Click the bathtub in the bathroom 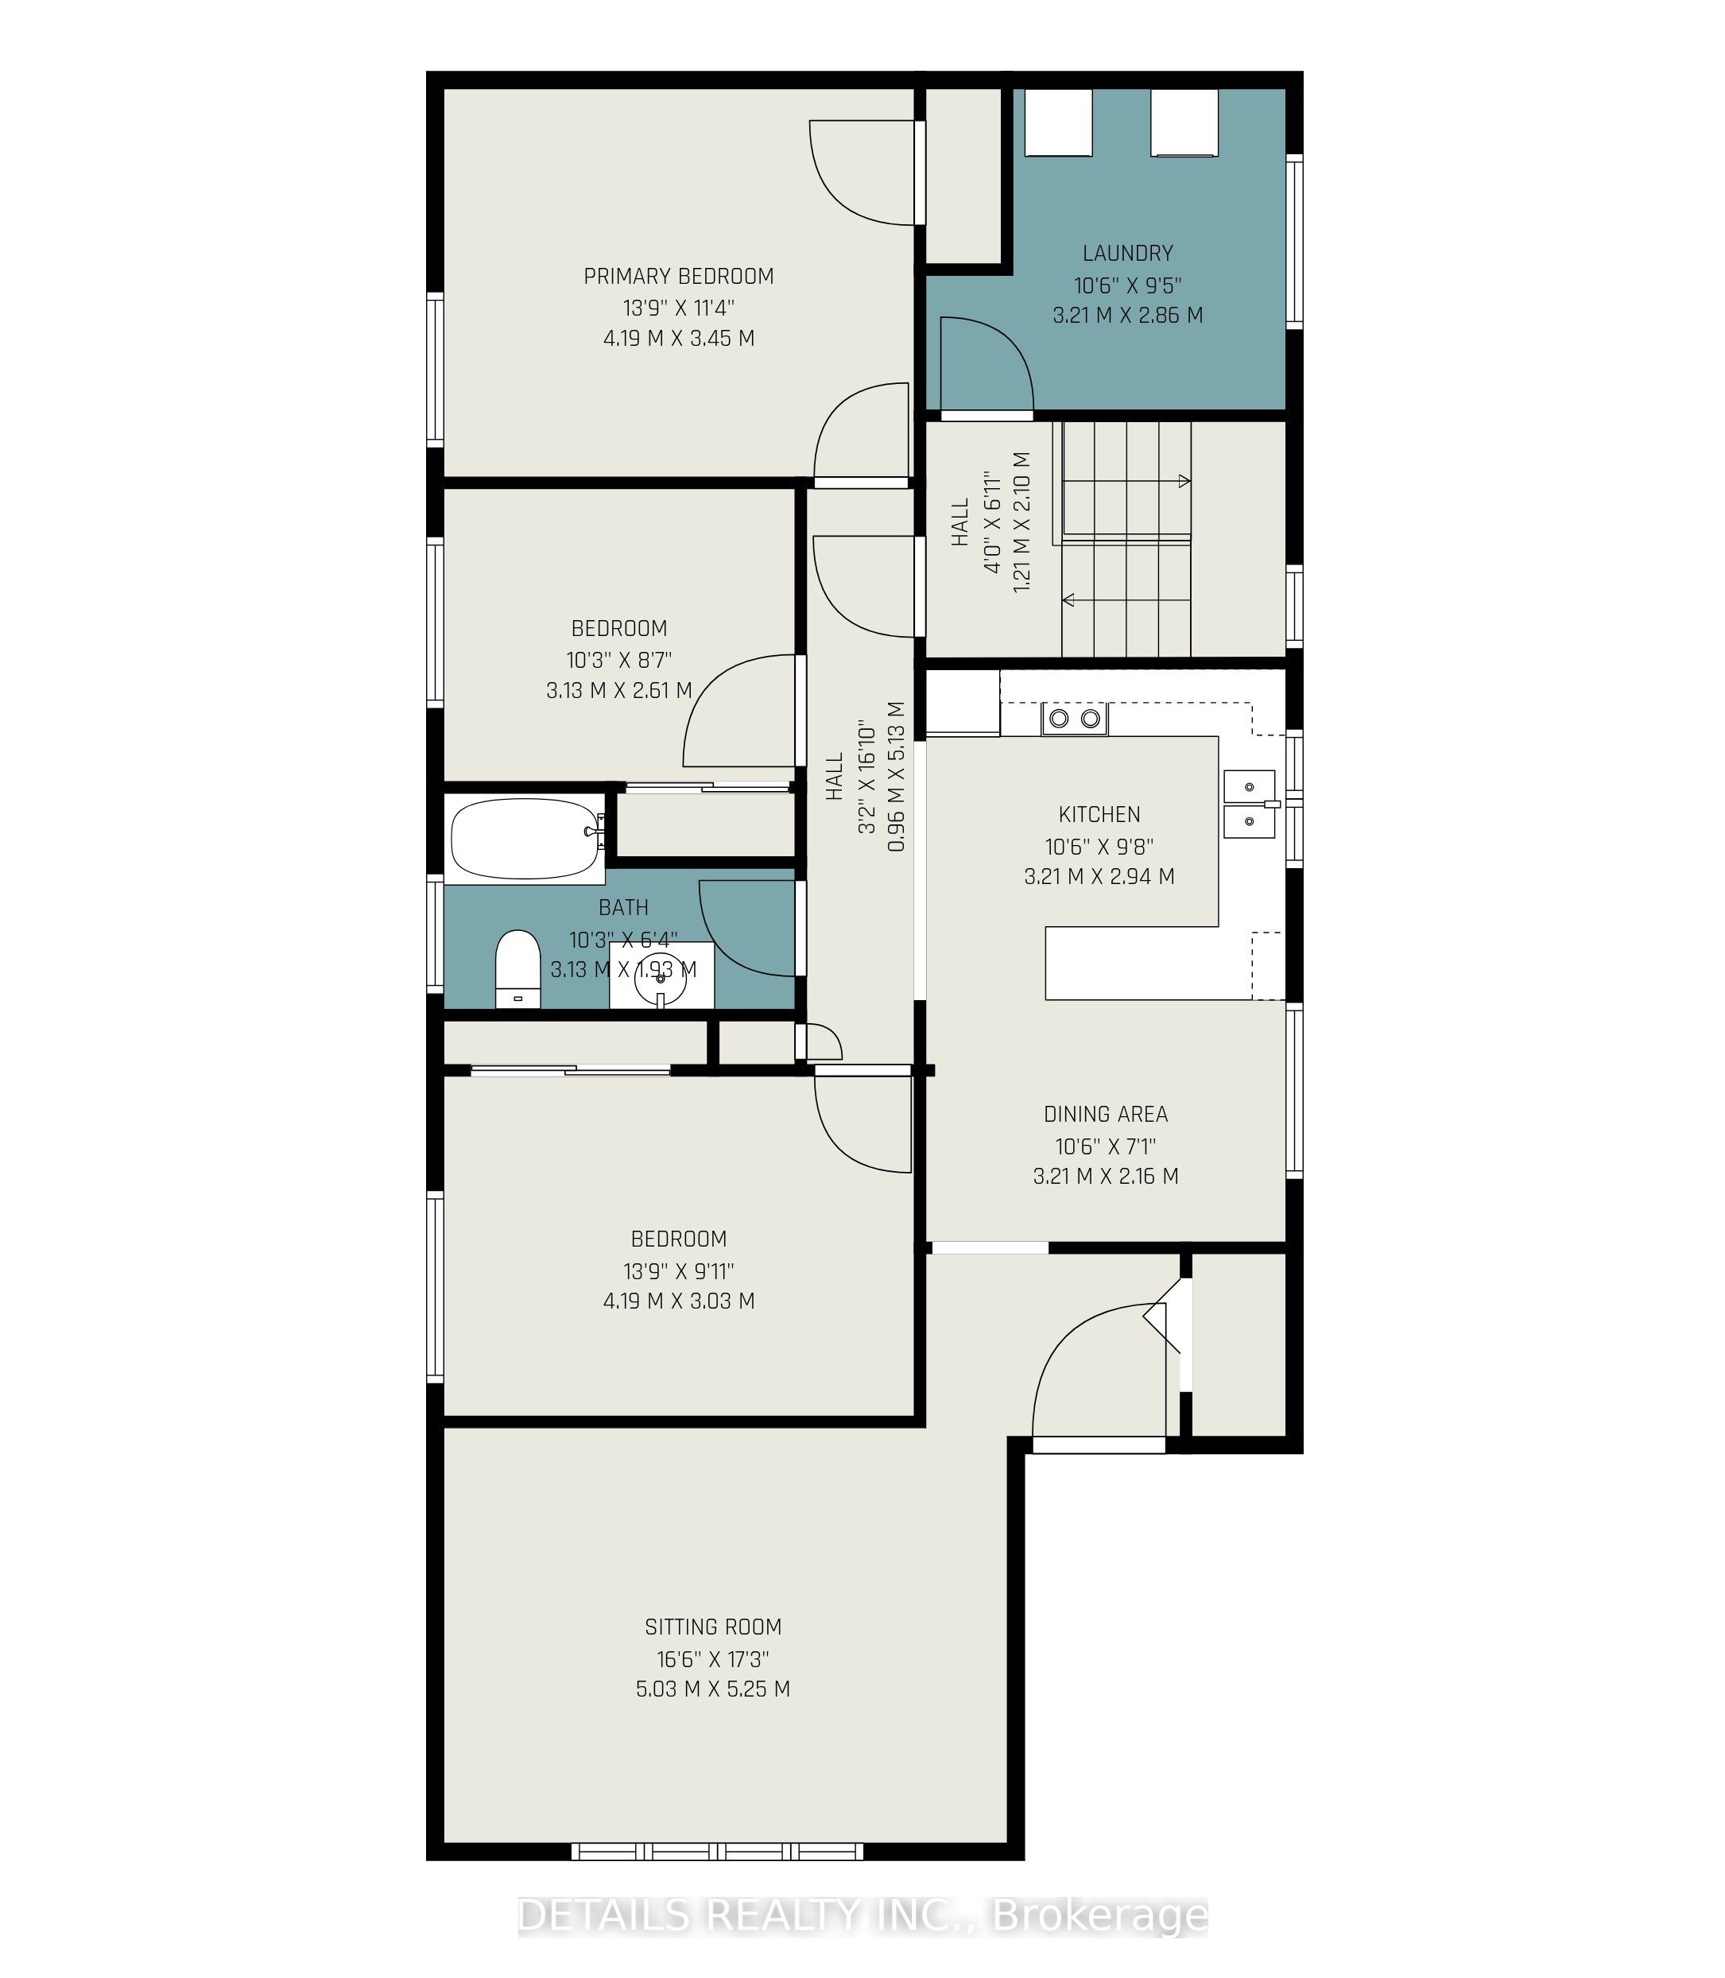click(x=525, y=839)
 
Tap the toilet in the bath click(x=517, y=968)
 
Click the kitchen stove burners click(x=1074, y=718)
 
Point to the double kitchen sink click(x=1250, y=804)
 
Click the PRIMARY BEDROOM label click(x=679, y=276)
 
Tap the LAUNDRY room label click(x=1128, y=253)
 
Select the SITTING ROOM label click(x=713, y=1627)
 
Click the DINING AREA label click(x=1106, y=1114)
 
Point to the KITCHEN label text click(x=1099, y=814)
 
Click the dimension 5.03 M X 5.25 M click(x=713, y=1689)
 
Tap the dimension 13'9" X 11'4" click(x=679, y=308)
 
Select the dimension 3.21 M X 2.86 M click(x=1128, y=315)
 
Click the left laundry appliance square click(x=1058, y=122)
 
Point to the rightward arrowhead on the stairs click(x=1185, y=480)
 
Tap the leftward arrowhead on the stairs click(x=1068, y=600)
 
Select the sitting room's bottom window click(x=717, y=1851)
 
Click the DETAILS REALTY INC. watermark click(x=863, y=1915)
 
